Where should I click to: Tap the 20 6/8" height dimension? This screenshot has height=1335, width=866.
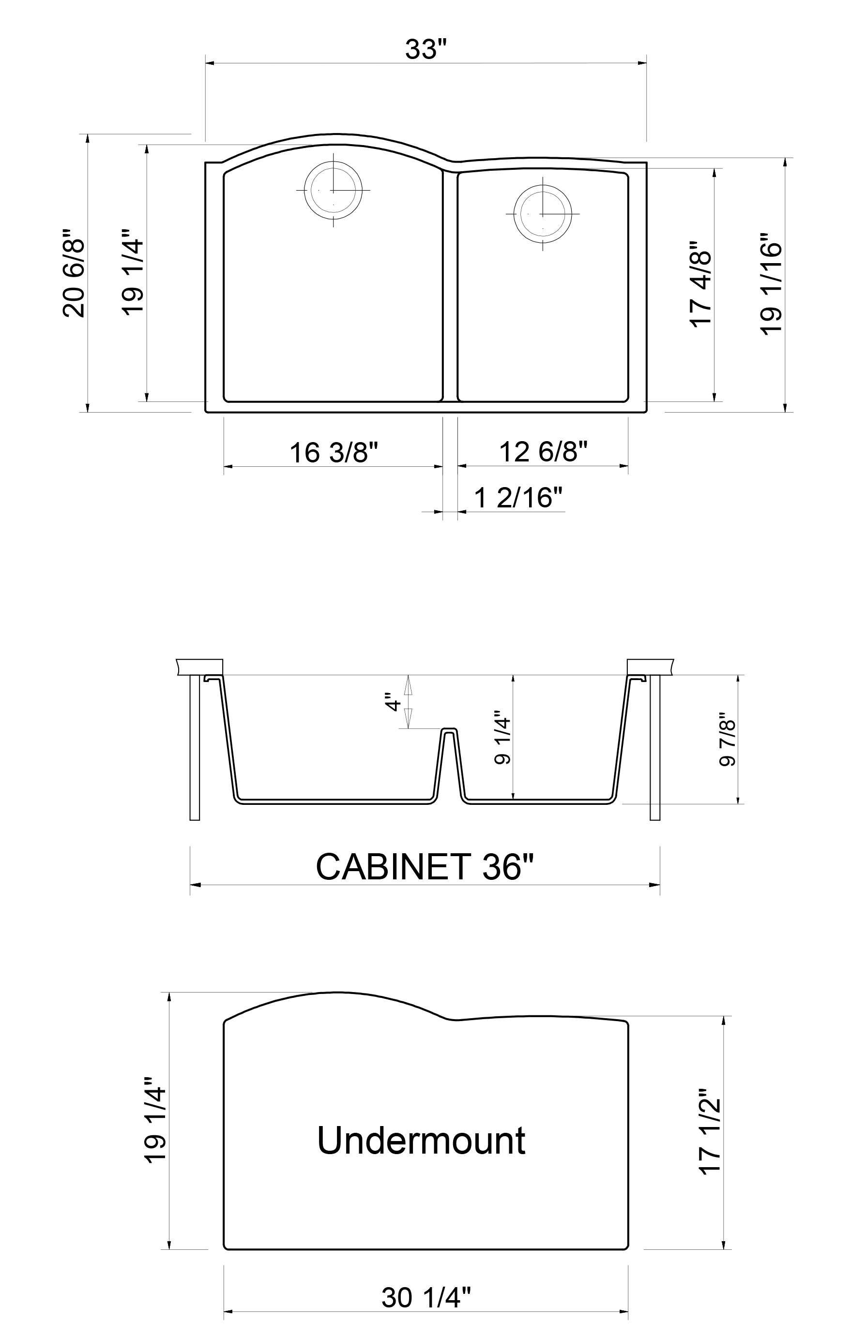tap(74, 273)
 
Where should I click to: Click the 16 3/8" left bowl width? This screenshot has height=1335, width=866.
tap(334, 452)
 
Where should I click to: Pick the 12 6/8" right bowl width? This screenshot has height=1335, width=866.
tap(543, 451)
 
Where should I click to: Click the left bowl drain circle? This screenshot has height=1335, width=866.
tap(333, 190)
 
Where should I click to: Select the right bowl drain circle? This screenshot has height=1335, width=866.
tap(542, 214)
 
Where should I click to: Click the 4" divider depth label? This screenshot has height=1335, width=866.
tap(393, 703)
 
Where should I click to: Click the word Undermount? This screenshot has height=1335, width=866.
tap(421, 1141)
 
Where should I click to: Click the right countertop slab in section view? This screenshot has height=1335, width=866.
tap(650, 667)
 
